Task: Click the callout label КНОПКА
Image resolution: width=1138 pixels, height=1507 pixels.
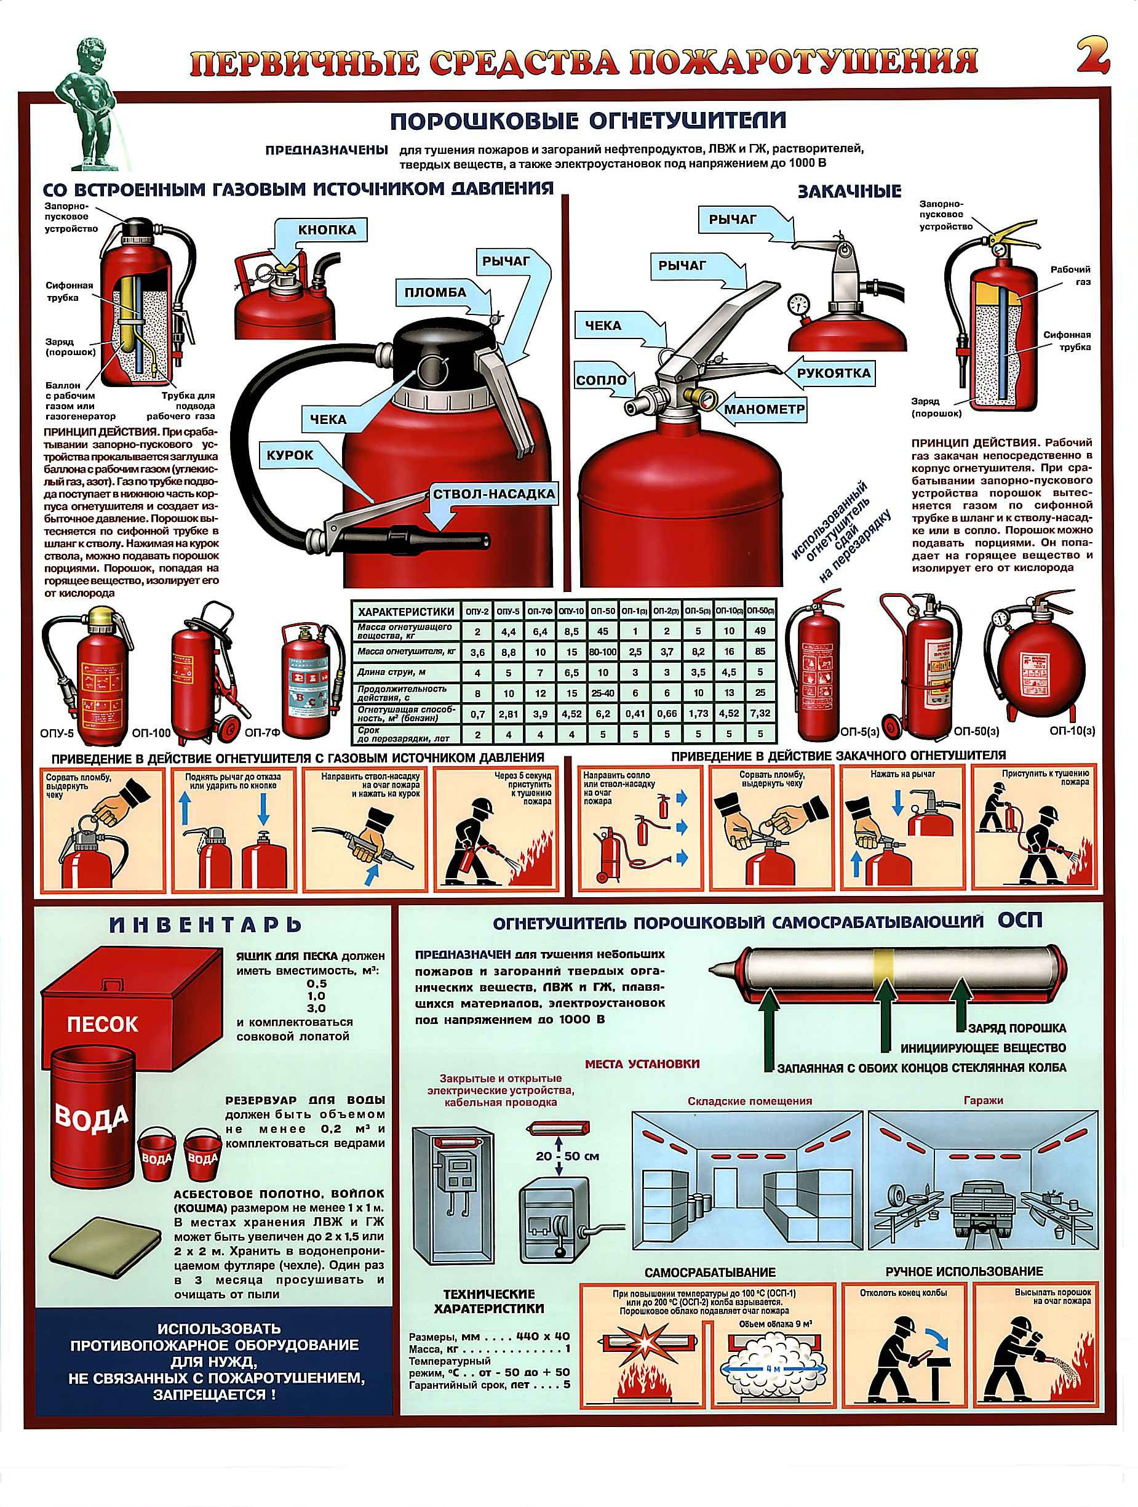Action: (326, 230)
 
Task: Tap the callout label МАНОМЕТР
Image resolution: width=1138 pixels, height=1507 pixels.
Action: (764, 409)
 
